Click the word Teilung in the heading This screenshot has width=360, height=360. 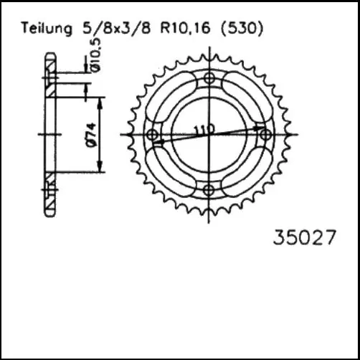pos(47,29)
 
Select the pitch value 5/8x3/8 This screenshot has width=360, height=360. pos(112,29)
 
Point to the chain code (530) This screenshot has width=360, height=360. pos(242,29)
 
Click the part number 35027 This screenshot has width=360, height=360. pos(304,237)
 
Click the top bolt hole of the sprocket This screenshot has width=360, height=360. pos(209,79)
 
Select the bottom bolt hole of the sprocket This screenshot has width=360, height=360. pos(209,189)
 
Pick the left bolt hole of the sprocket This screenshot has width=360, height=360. pos(152,135)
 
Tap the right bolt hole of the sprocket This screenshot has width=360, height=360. pos(264,134)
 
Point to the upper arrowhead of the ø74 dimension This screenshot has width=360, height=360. pos(100,100)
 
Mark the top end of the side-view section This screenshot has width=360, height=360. pos(49,55)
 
